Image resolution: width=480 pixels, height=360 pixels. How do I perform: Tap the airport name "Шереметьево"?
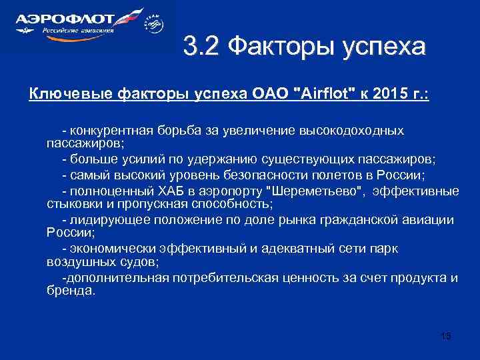[315, 191]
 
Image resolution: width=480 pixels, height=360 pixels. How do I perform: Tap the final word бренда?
[71, 291]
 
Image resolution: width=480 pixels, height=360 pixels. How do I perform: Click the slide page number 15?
[446, 336]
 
